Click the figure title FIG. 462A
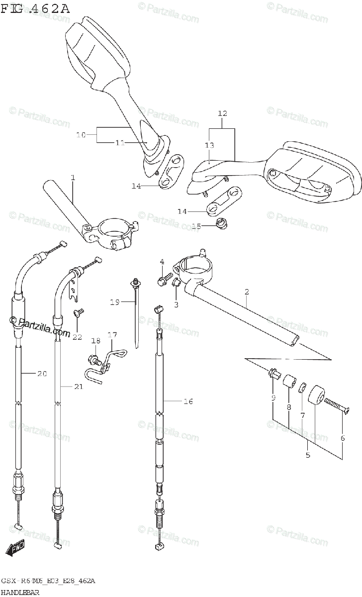(35, 8)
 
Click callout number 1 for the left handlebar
(73, 178)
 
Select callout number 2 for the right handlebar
(247, 292)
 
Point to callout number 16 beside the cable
(188, 401)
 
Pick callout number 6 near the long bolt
(342, 438)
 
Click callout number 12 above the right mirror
(222, 113)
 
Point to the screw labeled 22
(78, 312)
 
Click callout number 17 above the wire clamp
(112, 335)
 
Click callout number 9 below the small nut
(273, 398)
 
